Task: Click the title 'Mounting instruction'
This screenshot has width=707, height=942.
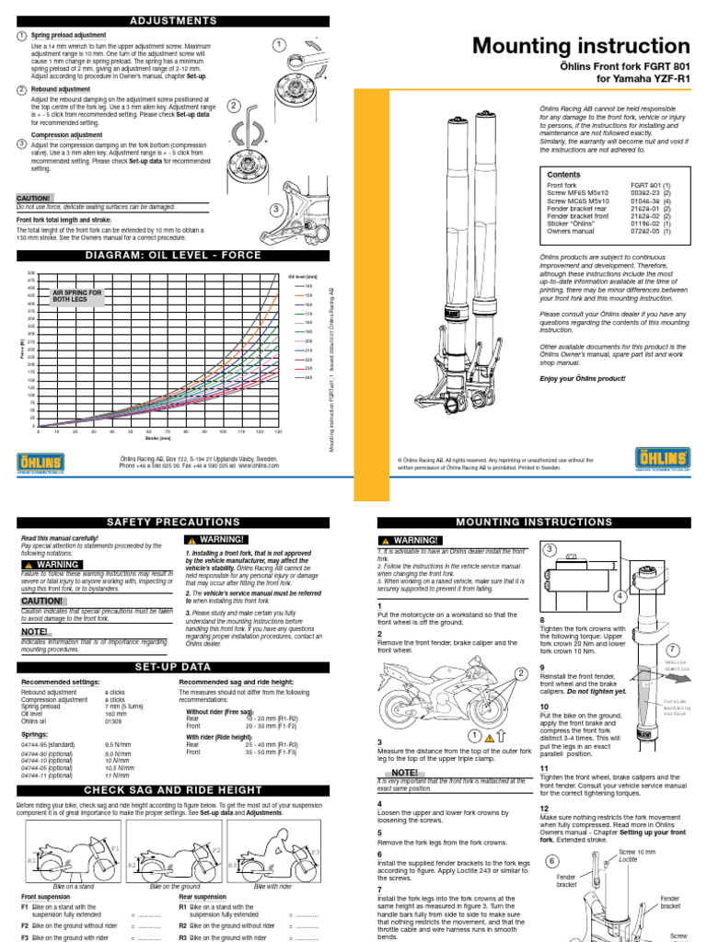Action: [580, 46]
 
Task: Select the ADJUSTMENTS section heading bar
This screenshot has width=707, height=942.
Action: [174, 19]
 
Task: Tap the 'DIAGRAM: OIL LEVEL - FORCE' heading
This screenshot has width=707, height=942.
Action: [174, 255]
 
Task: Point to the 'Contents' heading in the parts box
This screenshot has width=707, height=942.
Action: [564, 174]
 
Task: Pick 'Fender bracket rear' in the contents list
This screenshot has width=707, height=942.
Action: [578, 208]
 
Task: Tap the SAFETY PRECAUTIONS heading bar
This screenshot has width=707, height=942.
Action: [174, 522]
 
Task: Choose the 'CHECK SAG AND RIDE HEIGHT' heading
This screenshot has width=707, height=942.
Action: [174, 789]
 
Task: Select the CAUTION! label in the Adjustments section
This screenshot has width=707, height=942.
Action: [33, 197]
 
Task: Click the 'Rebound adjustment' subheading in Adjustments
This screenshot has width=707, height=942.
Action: [61, 89]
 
